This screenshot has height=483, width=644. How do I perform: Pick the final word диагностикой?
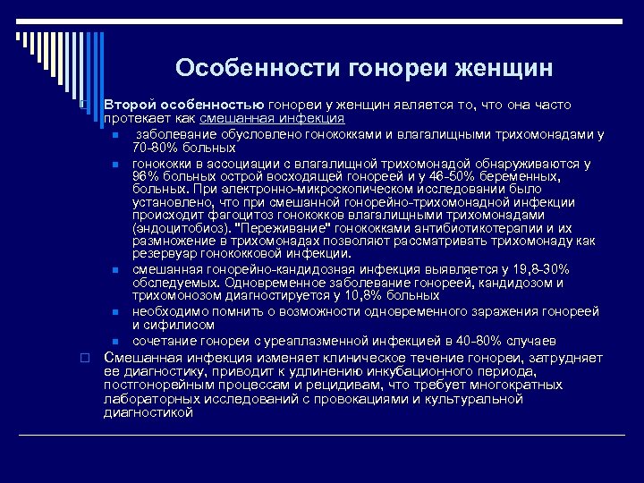(148, 412)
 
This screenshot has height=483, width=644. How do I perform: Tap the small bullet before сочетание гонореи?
(116, 342)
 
